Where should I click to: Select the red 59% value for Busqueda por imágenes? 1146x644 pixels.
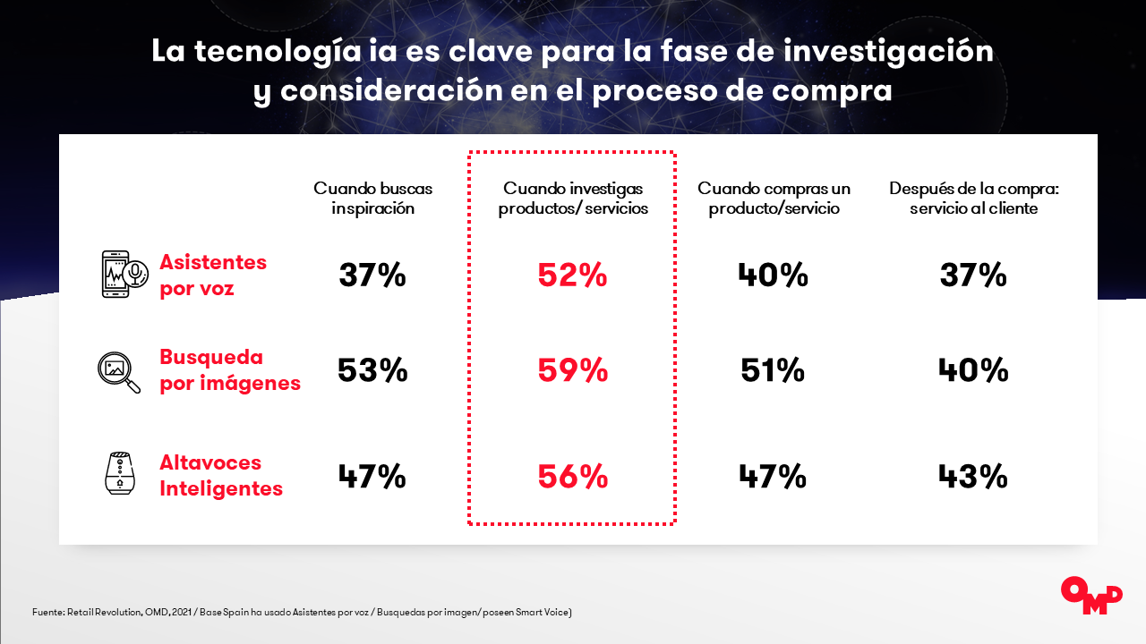click(573, 370)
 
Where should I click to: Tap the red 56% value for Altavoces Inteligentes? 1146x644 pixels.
click(573, 477)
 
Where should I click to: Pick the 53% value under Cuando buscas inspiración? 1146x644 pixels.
click(372, 370)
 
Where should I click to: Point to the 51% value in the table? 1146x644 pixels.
click(773, 370)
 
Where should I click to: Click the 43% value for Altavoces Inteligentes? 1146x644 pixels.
click(973, 477)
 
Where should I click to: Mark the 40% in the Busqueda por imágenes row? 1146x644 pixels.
click(973, 370)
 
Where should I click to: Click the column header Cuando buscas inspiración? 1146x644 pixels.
click(373, 199)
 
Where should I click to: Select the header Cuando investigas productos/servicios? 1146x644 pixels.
click(573, 199)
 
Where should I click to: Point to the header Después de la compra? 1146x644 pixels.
click(973, 199)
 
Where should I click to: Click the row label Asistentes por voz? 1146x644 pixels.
click(213, 275)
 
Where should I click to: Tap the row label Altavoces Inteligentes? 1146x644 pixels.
click(221, 475)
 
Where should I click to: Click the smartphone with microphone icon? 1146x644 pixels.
click(124, 274)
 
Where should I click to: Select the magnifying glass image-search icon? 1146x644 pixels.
click(119, 373)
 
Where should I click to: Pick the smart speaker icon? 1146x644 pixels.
click(120, 473)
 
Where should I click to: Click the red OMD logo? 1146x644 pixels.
click(1091, 596)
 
